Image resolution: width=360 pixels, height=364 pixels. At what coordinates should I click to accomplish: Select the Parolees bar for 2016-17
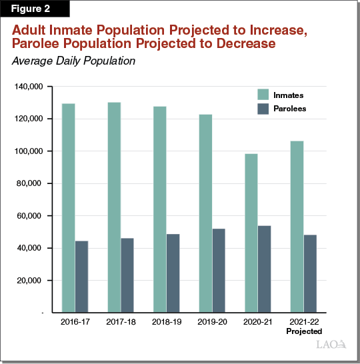tap(81, 277)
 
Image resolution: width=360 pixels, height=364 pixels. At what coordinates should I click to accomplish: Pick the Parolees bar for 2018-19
tap(172, 273)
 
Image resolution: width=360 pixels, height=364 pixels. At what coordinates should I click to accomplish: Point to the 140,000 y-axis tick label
tap(29, 87)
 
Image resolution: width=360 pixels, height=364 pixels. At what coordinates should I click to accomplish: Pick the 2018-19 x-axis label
tap(165, 321)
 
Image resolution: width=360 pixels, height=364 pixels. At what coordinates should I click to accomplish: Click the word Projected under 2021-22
tap(303, 331)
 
